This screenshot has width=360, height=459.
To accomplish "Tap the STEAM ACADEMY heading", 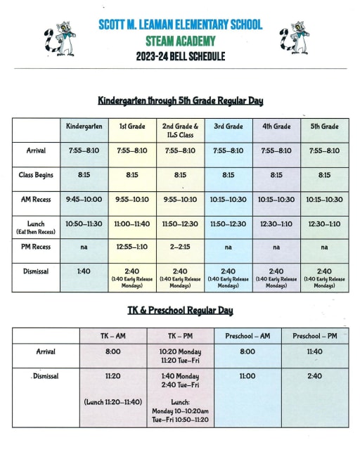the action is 180,41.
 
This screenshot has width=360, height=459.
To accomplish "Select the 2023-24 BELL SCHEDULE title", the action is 180,56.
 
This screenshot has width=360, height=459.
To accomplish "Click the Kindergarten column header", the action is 84,127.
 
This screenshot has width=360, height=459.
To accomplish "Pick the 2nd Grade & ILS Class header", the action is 180,130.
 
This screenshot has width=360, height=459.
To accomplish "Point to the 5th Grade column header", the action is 324,127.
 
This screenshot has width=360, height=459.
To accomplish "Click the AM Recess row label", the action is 36,200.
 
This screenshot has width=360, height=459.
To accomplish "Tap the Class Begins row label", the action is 36,175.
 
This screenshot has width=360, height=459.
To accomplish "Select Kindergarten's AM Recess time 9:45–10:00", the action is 84,200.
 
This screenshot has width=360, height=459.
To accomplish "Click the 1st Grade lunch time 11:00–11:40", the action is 132,224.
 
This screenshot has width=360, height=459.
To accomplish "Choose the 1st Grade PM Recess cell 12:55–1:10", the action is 132,247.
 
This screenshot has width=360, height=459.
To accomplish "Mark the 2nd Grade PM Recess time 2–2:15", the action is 180,247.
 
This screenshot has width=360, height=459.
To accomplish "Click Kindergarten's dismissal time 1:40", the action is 84,271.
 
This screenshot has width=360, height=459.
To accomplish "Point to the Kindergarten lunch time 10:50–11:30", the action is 84,224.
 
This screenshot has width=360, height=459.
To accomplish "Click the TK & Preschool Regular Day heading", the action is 180,310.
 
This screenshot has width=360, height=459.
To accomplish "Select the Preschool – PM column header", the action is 314,337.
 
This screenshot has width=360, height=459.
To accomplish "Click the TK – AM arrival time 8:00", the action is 112,351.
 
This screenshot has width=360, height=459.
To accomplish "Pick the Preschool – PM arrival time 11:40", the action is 314,351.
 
